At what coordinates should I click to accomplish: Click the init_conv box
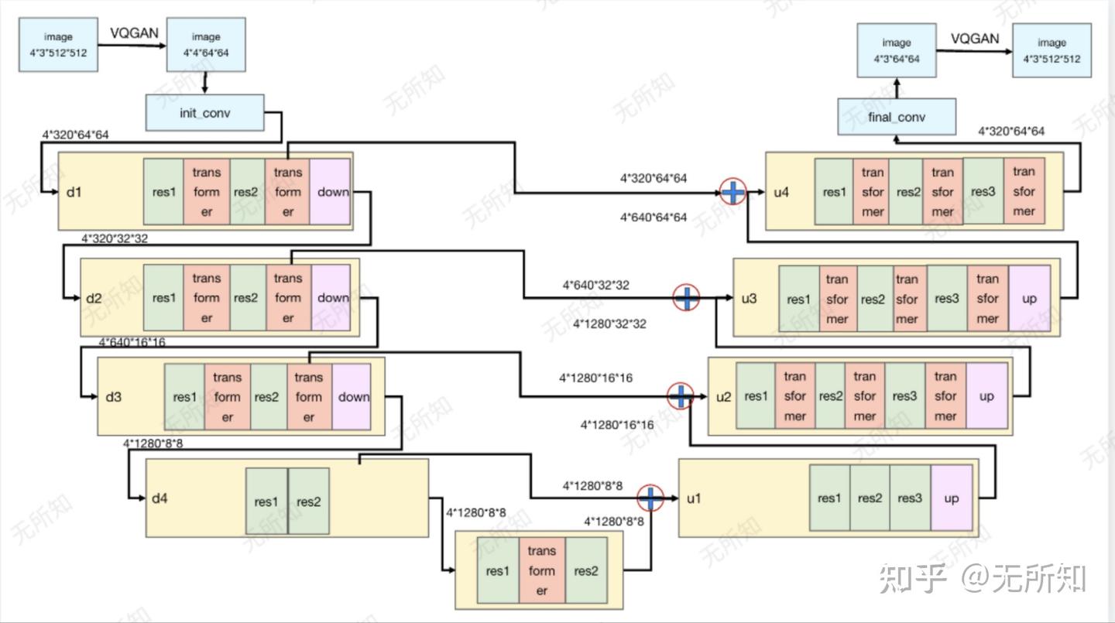[x=204, y=113]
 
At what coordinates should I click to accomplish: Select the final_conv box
[x=897, y=117]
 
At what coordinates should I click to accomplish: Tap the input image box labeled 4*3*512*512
[x=58, y=45]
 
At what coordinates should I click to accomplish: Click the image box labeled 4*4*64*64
[x=206, y=45]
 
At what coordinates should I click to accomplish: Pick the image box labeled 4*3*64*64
[x=897, y=50]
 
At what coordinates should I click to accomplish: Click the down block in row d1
[x=331, y=192]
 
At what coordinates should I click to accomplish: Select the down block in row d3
[x=352, y=396]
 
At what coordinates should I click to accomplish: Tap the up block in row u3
[x=1029, y=299]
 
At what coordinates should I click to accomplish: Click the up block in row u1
[x=951, y=498]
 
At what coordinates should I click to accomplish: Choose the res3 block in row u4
[x=983, y=192]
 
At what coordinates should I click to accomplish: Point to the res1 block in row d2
[x=163, y=297]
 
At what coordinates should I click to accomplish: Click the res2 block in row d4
[x=309, y=501]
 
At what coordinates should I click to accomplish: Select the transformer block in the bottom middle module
[x=541, y=570]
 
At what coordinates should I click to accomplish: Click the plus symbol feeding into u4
[x=732, y=192]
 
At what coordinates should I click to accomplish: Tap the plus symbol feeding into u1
[x=650, y=498]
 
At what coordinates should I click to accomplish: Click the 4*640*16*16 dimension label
[x=132, y=342]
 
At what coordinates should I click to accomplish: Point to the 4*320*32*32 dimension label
[x=115, y=238]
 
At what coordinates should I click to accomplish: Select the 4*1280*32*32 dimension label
[x=609, y=324]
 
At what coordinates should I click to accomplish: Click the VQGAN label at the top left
[x=134, y=33]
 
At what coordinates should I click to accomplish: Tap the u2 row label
[x=723, y=397]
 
